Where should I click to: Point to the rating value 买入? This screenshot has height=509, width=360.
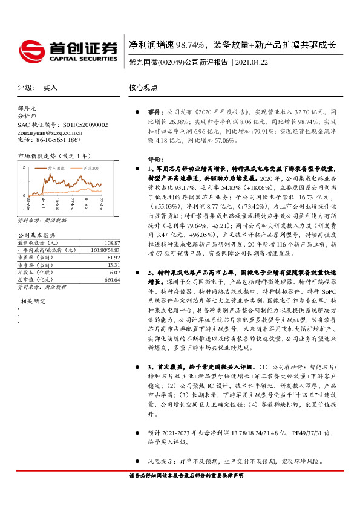(50, 88)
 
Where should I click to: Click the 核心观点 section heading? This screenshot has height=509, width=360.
(143, 88)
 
